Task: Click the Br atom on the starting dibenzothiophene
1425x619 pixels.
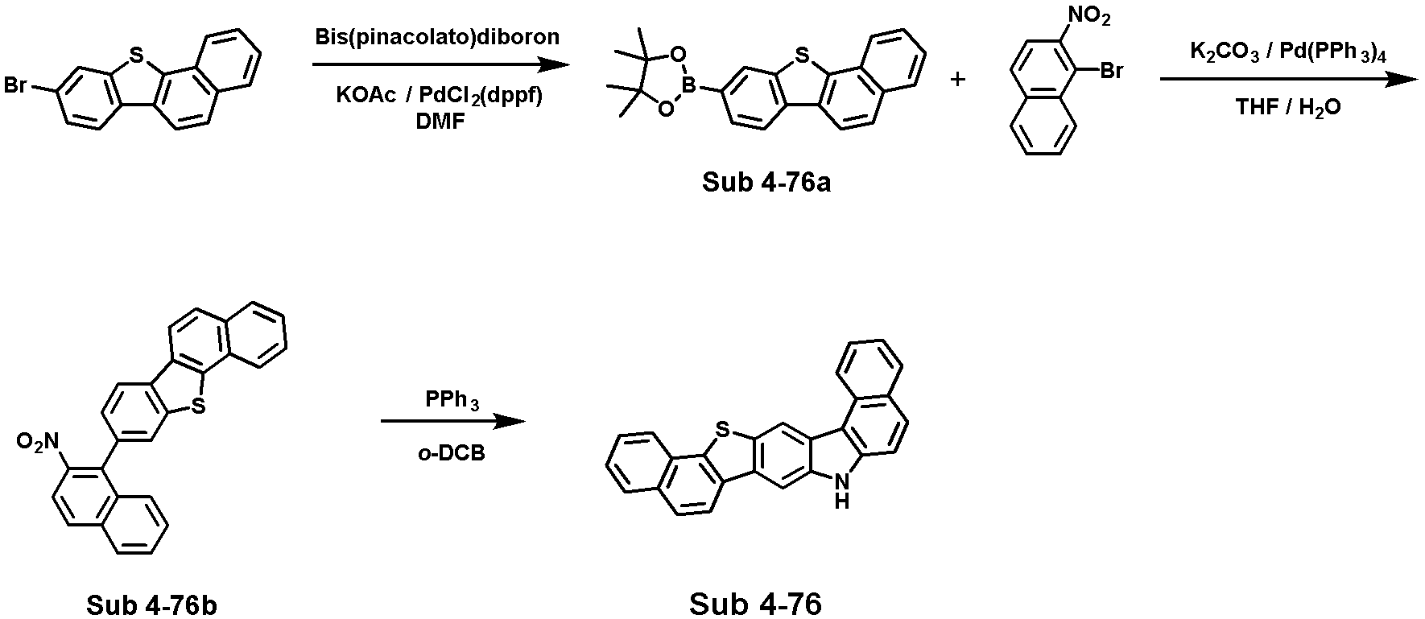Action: (x=16, y=85)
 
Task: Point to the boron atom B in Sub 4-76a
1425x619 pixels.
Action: (x=689, y=82)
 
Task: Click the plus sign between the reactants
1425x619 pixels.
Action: (x=958, y=80)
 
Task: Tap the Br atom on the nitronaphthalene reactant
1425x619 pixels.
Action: (x=1111, y=72)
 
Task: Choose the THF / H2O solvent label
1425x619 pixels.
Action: (x=1288, y=107)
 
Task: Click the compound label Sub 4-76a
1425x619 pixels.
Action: (x=766, y=182)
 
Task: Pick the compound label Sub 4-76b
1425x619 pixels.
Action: (x=151, y=605)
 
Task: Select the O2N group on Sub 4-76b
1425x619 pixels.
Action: (x=38, y=441)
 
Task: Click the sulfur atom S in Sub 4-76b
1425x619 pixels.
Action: (x=198, y=409)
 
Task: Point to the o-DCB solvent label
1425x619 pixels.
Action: (x=452, y=454)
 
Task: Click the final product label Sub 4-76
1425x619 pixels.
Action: (x=755, y=603)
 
